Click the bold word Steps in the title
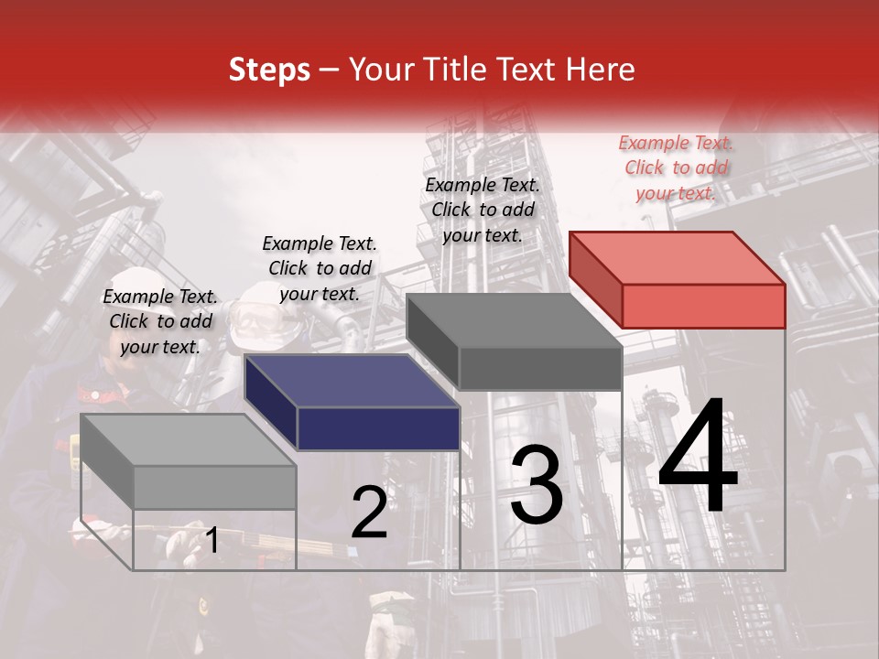269,70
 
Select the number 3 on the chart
537,485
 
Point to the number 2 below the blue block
369,513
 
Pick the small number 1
212,540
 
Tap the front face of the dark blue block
378,428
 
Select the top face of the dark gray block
513,320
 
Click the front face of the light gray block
214,487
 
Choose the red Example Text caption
676,167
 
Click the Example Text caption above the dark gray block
483,210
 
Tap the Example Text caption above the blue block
320,268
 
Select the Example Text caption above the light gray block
160,321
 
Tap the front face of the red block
703,306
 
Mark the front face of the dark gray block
540,369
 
